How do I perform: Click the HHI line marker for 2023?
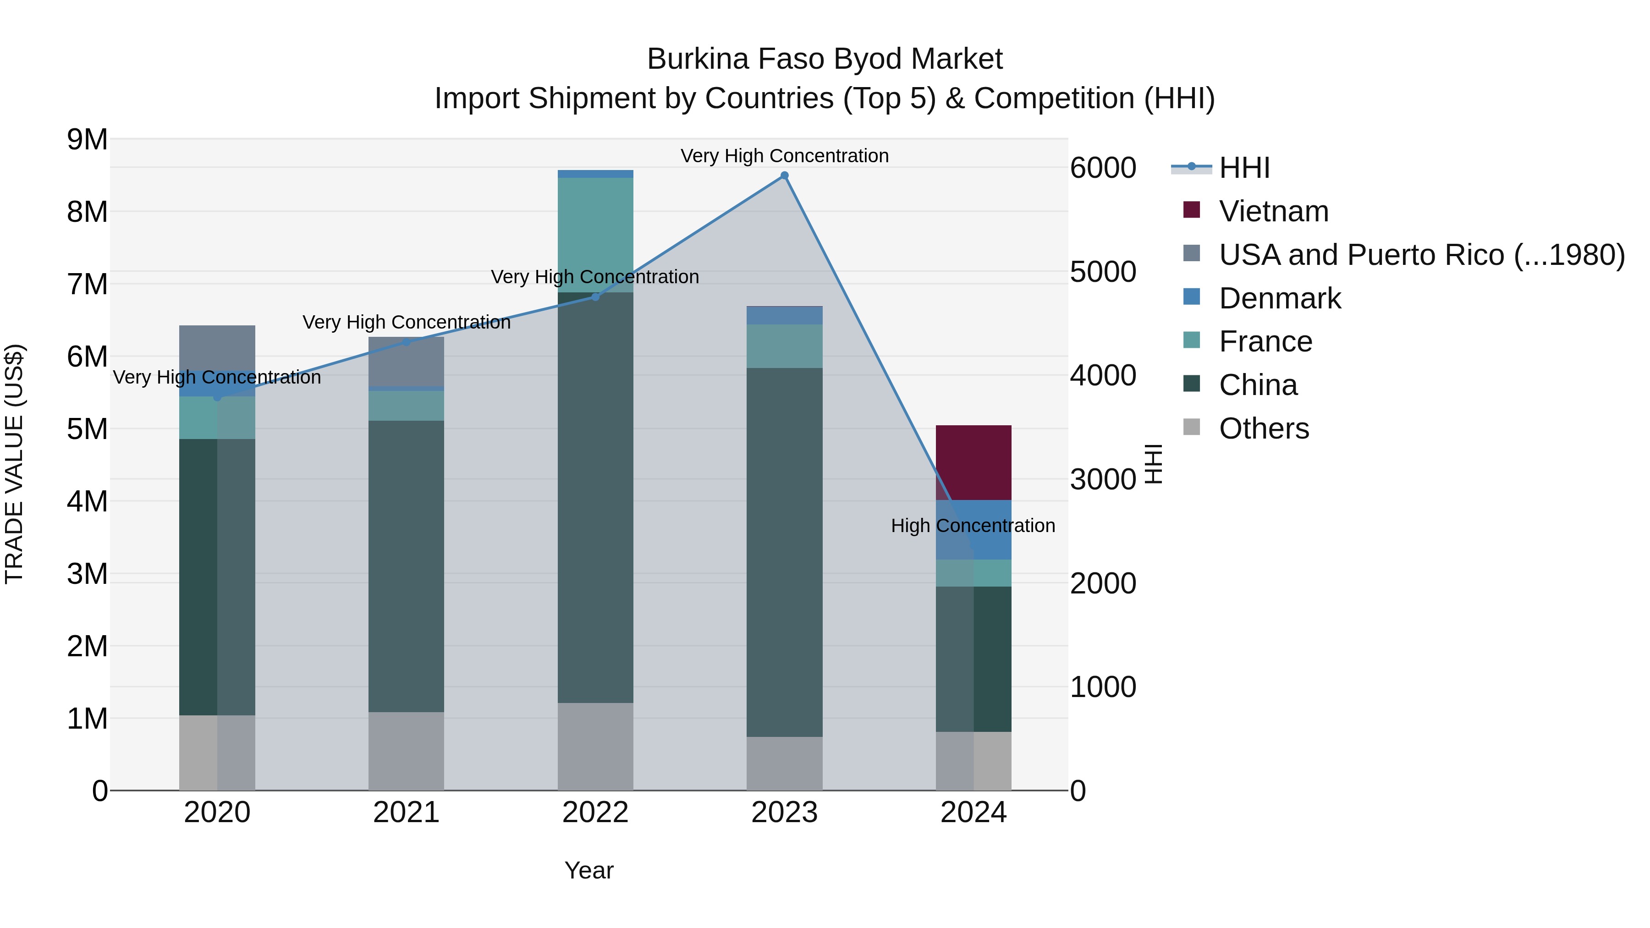pos(784,176)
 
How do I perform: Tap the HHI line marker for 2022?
pos(595,297)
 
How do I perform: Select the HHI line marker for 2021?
pos(406,342)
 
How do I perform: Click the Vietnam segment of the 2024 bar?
pos(973,462)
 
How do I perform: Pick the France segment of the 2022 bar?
pos(595,234)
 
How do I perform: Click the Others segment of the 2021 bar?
pos(406,751)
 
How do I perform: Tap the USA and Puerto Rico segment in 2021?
pos(406,361)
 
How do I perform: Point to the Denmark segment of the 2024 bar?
pos(973,530)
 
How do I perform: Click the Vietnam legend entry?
pos(1273,211)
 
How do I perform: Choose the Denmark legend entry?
pos(1279,298)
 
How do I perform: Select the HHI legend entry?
pos(1244,168)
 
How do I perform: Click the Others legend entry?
pos(1264,428)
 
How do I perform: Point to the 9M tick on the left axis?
pos(87,140)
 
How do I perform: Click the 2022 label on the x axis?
pos(595,813)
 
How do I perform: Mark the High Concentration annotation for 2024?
pos(972,526)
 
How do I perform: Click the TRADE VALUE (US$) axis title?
pos(14,464)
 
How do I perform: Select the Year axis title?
pos(588,870)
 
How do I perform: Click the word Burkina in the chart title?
pos(698,59)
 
